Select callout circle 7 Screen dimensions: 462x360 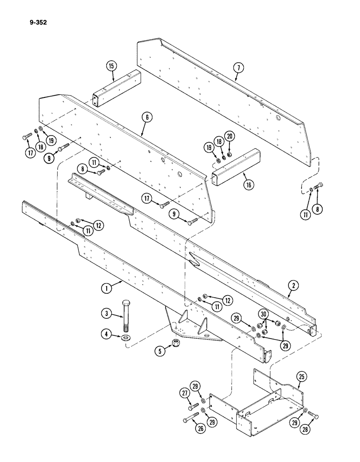click(238, 68)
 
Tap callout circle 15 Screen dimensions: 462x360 click(111, 67)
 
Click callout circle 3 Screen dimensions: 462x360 click(107, 315)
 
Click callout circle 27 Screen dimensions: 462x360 click(185, 394)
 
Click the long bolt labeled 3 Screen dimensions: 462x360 click(126, 316)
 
